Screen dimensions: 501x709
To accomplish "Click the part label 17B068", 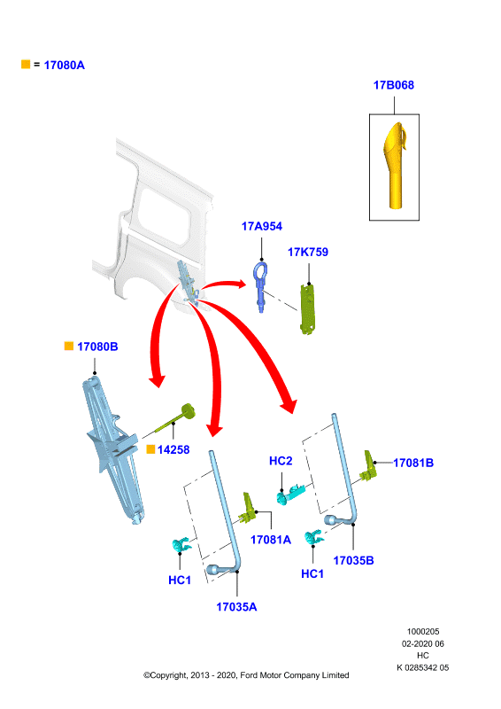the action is pyautogui.click(x=394, y=85).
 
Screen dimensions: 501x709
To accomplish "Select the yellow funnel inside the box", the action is pyautogui.click(x=394, y=166).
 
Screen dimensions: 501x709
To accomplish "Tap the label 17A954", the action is pyautogui.click(x=262, y=226).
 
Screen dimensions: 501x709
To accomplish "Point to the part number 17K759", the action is pyautogui.click(x=308, y=252).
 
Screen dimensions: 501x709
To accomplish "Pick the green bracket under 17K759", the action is pyautogui.click(x=308, y=308).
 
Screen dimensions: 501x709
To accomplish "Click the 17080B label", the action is pyautogui.click(x=97, y=347).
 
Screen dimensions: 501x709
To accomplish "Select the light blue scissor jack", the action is pyautogui.click(x=113, y=448).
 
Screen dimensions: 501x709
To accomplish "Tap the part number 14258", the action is pyautogui.click(x=173, y=449).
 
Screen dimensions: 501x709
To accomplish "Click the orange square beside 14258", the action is pyautogui.click(x=150, y=449).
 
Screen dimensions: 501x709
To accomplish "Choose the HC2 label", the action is pyautogui.click(x=281, y=461).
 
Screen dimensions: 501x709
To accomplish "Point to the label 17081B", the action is pyautogui.click(x=413, y=463).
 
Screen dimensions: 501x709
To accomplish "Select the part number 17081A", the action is pyautogui.click(x=271, y=540).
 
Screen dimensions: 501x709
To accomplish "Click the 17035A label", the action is pyautogui.click(x=236, y=607).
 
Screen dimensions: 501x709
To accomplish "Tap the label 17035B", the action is pyautogui.click(x=353, y=560).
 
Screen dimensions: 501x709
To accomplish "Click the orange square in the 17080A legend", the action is pyautogui.click(x=26, y=64).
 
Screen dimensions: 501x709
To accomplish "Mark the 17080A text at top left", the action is pyautogui.click(x=64, y=65).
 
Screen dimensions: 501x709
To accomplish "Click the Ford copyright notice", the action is pyautogui.click(x=246, y=675).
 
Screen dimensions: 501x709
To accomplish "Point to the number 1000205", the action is pyautogui.click(x=423, y=631).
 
